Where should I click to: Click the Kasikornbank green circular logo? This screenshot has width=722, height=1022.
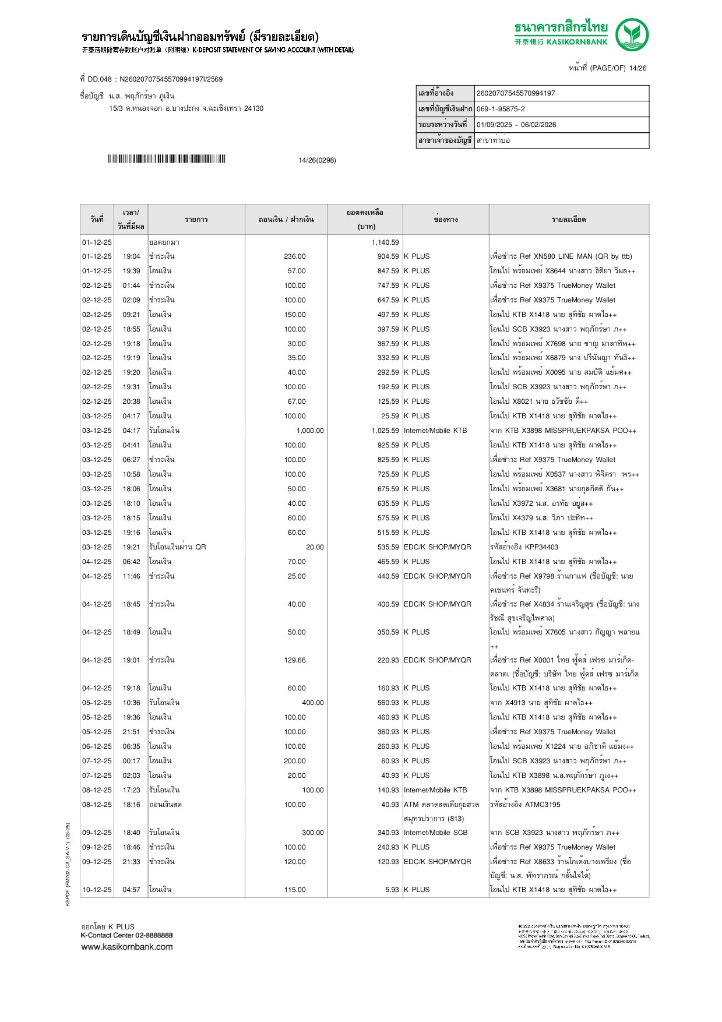click(x=632, y=34)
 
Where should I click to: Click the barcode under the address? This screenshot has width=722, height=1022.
click(x=166, y=159)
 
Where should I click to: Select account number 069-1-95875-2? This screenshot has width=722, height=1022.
click(x=501, y=109)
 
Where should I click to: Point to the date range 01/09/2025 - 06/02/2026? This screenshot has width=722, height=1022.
click(x=516, y=125)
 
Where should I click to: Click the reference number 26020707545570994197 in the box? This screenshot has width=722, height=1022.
click(x=516, y=93)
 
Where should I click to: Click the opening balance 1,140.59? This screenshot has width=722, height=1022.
click(x=385, y=242)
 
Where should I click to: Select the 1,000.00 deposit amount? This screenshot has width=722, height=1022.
click(x=309, y=431)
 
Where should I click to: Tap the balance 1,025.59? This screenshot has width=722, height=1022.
click(x=385, y=431)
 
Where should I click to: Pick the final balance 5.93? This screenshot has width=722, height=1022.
click(x=392, y=890)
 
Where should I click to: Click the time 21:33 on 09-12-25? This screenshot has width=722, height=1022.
click(x=131, y=861)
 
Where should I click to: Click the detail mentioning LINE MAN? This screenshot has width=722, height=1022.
click(x=561, y=256)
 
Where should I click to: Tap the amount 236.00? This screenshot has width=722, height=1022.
click(x=294, y=256)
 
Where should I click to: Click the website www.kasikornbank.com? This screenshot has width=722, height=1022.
click(x=127, y=947)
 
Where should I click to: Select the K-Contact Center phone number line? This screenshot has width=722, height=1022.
click(x=126, y=935)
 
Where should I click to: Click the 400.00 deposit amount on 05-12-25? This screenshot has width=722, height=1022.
click(x=312, y=703)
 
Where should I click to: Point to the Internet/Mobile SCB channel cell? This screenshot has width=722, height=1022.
click(x=435, y=833)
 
